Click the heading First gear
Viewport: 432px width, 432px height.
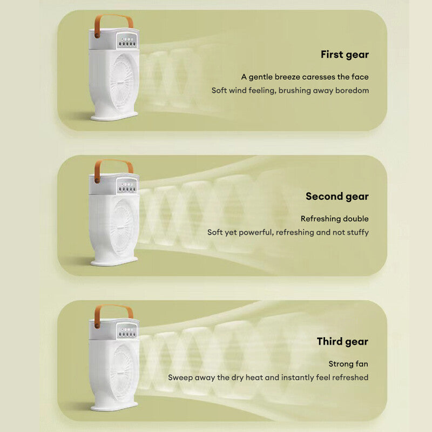[x=345, y=54]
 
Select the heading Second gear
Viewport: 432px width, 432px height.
[x=337, y=196]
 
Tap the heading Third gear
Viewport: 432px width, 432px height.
[x=342, y=341]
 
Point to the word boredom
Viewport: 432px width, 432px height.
[x=352, y=90]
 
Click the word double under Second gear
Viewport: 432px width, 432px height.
[x=357, y=219]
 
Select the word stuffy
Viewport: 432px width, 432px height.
[x=356, y=232]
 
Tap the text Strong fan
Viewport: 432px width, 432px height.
[x=348, y=364]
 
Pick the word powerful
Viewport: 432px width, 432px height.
[x=262, y=232]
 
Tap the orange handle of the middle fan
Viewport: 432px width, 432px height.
[x=113, y=164]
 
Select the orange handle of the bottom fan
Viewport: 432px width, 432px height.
[x=113, y=309]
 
